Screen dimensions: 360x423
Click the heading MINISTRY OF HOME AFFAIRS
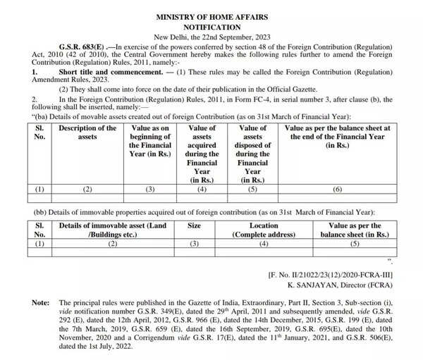tap(211, 15)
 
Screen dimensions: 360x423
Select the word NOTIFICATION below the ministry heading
tap(211, 25)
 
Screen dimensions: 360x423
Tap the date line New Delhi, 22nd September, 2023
tap(211, 36)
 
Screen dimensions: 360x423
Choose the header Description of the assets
tap(87, 132)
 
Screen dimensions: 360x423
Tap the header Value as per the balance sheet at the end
tap(337, 137)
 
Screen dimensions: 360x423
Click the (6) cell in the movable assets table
tap(337, 189)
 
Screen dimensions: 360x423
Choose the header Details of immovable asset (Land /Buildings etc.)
tap(112, 230)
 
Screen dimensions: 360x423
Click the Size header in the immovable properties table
tap(194, 226)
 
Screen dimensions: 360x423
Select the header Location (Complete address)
tap(264, 230)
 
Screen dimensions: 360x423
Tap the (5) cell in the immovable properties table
tap(355, 244)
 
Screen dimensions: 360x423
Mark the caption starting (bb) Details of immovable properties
tap(204, 212)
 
